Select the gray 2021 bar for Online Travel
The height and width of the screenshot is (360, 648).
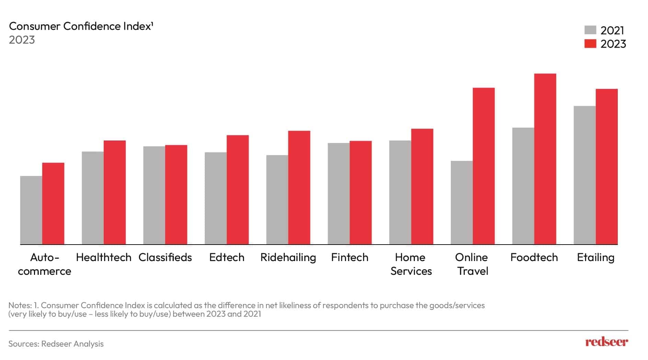pyautogui.click(x=462, y=203)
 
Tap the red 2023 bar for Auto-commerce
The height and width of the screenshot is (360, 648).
pyautogui.click(x=53, y=203)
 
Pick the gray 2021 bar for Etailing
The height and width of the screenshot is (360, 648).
pyautogui.click(x=584, y=175)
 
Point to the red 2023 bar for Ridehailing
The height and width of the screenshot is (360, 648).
pyautogui.click(x=299, y=188)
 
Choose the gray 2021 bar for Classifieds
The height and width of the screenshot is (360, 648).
pyautogui.click(x=154, y=195)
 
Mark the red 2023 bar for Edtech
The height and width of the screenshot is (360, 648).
pyautogui.click(x=238, y=190)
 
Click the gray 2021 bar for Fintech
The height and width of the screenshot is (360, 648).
pyautogui.click(x=339, y=193)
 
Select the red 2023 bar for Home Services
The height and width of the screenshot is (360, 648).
pyautogui.click(x=422, y=187)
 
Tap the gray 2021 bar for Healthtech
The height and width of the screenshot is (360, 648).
pyautogui.click(x=93, y=198)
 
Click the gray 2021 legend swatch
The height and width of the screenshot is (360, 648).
pyautogui.click(x=590, y=30)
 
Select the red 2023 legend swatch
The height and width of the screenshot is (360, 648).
pyautogui.click(x=590, y=44)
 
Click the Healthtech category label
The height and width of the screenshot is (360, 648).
pyautogui.click(x=103, y=257)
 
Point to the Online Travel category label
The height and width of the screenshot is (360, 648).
pyautogui.click(x=471, y=264)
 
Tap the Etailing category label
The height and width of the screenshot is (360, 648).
pyautogui.click(x=595, y=257)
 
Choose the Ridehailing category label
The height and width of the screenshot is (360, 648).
pyautogui.click(x=288, y=257)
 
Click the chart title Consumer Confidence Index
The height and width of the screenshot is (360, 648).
pyautogui.click(x=81, y=26)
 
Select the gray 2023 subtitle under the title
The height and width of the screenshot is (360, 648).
pyautogui.click(x=22, y=40)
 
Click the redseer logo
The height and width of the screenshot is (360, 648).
pyautogui.click(x=606, y=342)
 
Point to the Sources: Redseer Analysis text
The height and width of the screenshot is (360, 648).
pyautogui.click(x=56, y=344)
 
